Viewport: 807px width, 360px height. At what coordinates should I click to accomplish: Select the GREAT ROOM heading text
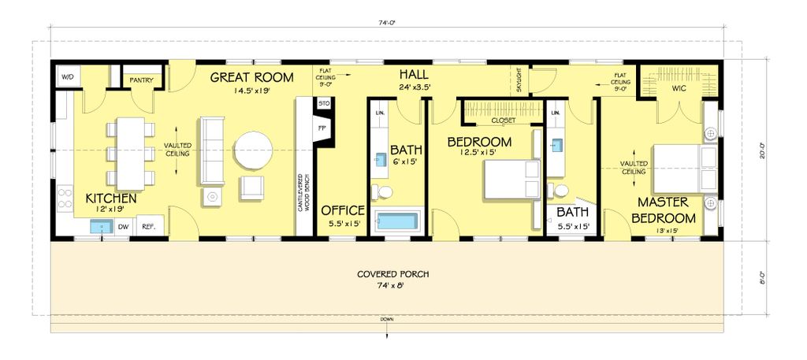click(x=252, y=77)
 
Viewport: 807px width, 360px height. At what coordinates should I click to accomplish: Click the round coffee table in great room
click(x=254, y=148)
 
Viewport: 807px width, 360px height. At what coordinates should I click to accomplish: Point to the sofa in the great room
click(x=210, y=146)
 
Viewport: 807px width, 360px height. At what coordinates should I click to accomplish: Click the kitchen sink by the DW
click(x=101, y=227)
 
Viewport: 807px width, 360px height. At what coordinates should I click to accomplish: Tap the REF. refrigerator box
click(x=147, y=226)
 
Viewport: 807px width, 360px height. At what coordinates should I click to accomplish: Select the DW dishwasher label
click(x=123, y=227)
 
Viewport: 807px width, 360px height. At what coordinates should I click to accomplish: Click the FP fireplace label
click(x=322, y=127)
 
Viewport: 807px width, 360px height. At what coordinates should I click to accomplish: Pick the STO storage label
click(x=322, y=103)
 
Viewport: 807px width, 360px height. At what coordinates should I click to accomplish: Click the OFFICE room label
click(x=343, y=210)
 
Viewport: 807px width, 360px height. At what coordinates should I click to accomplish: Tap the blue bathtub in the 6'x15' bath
click(x=396, y=221)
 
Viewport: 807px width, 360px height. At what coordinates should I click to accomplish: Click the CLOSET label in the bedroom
click(x=503, y=121)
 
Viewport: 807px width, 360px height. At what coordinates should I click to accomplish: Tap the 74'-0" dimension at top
click(x=385, y=23)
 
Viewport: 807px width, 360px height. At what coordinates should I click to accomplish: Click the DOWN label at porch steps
click(x=386, y=319)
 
